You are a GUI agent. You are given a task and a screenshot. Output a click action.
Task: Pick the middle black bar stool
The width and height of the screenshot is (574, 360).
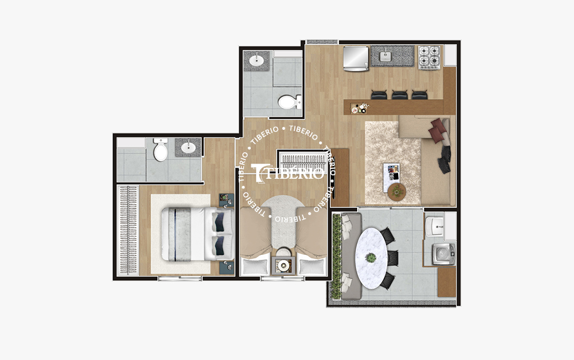(399, 95)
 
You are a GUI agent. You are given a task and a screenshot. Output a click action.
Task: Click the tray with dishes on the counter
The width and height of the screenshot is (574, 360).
(361, 109)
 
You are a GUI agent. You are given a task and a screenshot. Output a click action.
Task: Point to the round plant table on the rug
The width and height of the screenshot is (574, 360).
(396, 192)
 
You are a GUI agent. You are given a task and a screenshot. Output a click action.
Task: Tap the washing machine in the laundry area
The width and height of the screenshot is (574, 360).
(444, 253)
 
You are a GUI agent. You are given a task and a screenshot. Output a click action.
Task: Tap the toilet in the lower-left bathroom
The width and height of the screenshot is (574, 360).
(160, 151)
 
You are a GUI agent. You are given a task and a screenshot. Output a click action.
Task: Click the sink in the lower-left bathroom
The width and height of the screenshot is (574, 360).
(188, 147)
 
